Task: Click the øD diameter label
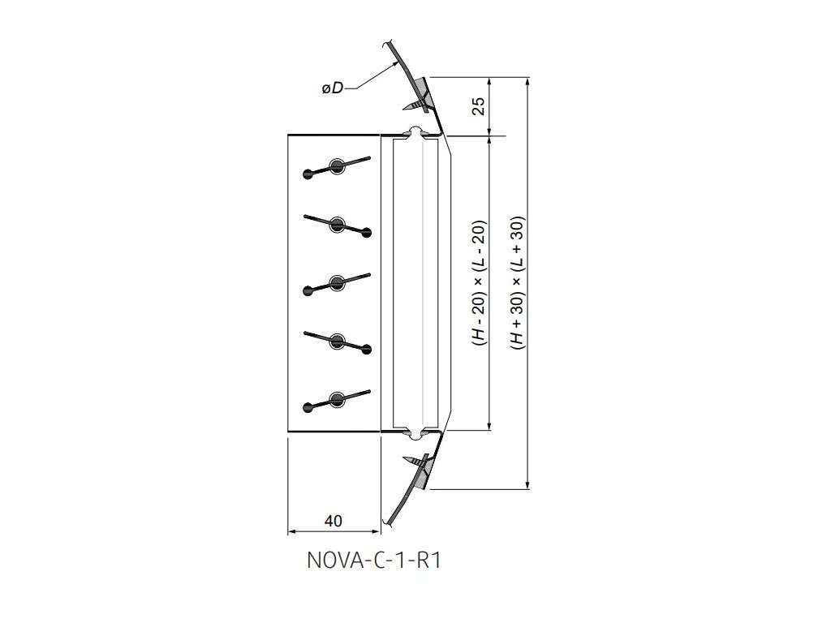point(332,88)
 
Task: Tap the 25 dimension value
point(480,106)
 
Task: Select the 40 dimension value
point(333,521)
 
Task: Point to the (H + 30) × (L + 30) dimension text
point(517,284)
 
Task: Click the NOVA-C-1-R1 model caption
point(374,561)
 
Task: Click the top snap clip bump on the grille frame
point(415,131)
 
